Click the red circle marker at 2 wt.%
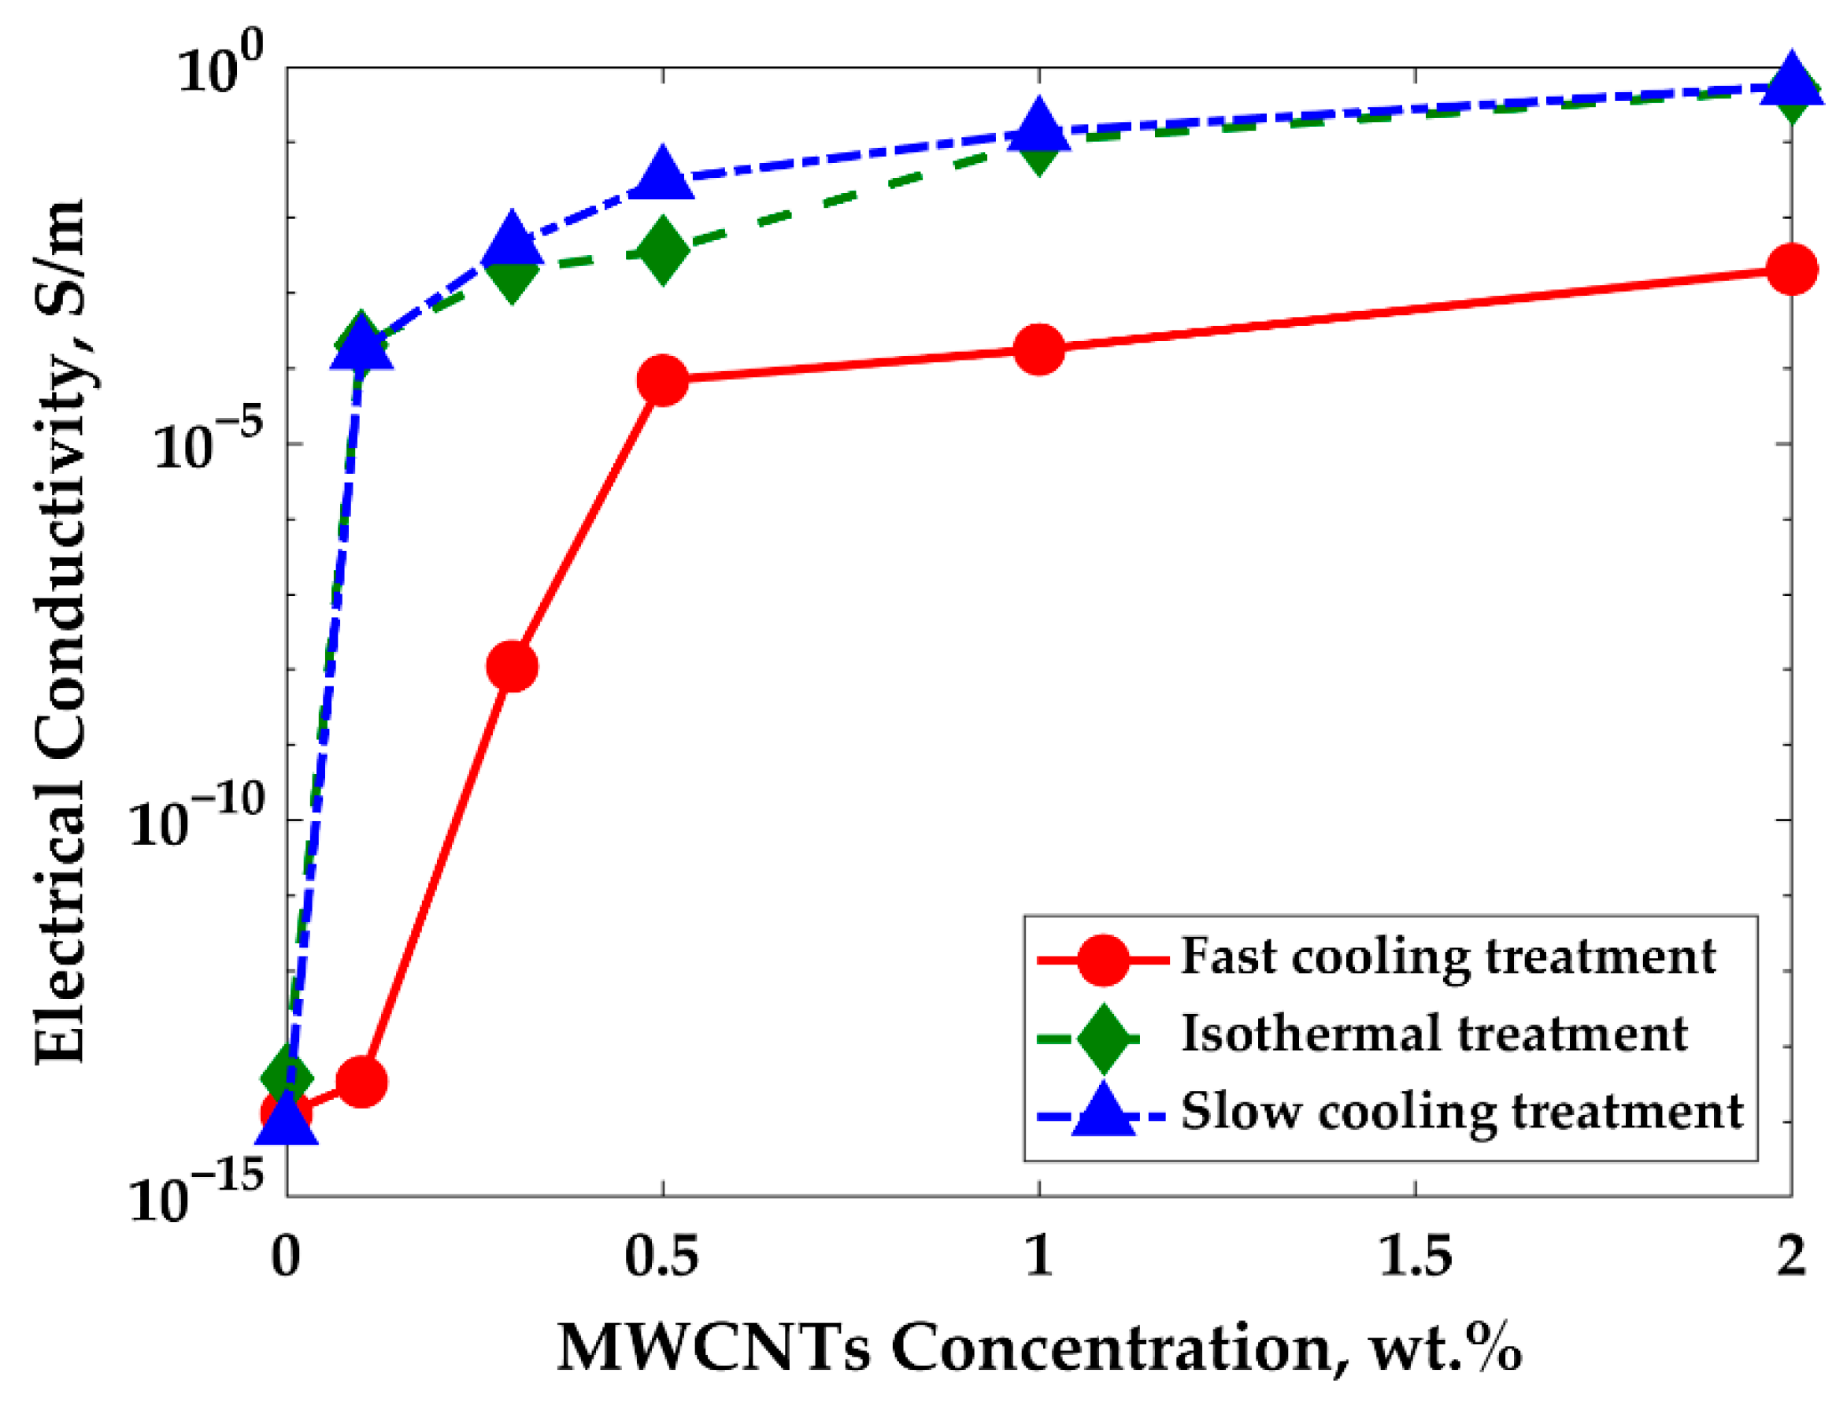click(1792, 270)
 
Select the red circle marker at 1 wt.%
click(1038, 348)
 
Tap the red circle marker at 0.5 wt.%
click(663, 380)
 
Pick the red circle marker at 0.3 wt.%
click(512, 666)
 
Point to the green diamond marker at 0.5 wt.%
click(663, 251)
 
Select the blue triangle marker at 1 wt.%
click(1038, 127)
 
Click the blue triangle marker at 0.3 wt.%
click(512, 242)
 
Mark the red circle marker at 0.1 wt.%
click(361, 1083)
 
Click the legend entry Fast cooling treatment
click(1448, 957)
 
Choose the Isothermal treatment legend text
click(1434, 1033)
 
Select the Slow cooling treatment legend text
click(1461, 1112)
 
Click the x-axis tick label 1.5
click(1415, 1255)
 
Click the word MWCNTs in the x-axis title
click(713, 1348)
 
